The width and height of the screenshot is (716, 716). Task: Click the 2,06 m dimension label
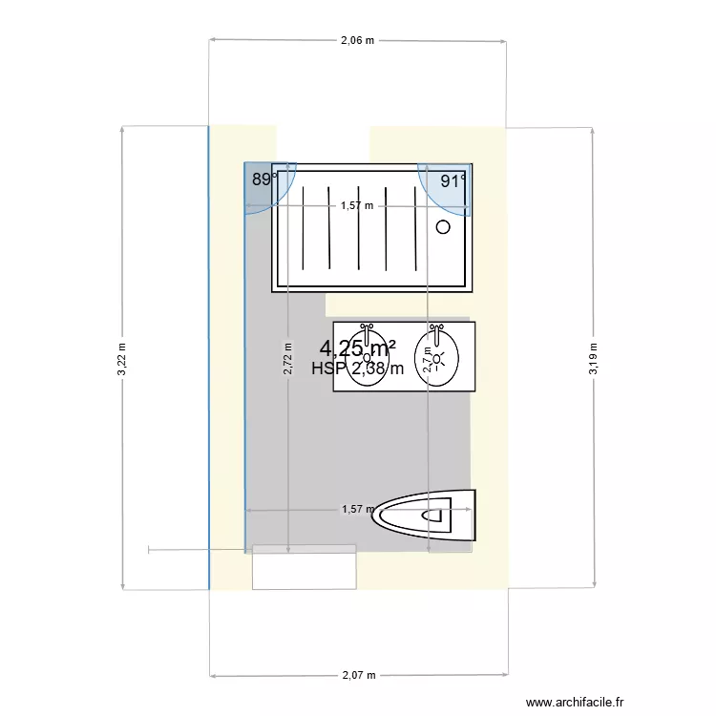(357, 41)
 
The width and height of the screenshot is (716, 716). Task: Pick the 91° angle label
(453, 180)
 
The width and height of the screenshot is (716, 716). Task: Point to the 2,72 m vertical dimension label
(287, 361)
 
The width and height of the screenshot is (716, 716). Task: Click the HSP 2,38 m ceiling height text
(357, 369)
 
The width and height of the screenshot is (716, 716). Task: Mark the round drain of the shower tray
(443, 227)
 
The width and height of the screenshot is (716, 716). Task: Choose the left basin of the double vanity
(367, 359)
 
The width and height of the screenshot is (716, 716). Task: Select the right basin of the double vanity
(438, 359)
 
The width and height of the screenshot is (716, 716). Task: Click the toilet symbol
(427, 515)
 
